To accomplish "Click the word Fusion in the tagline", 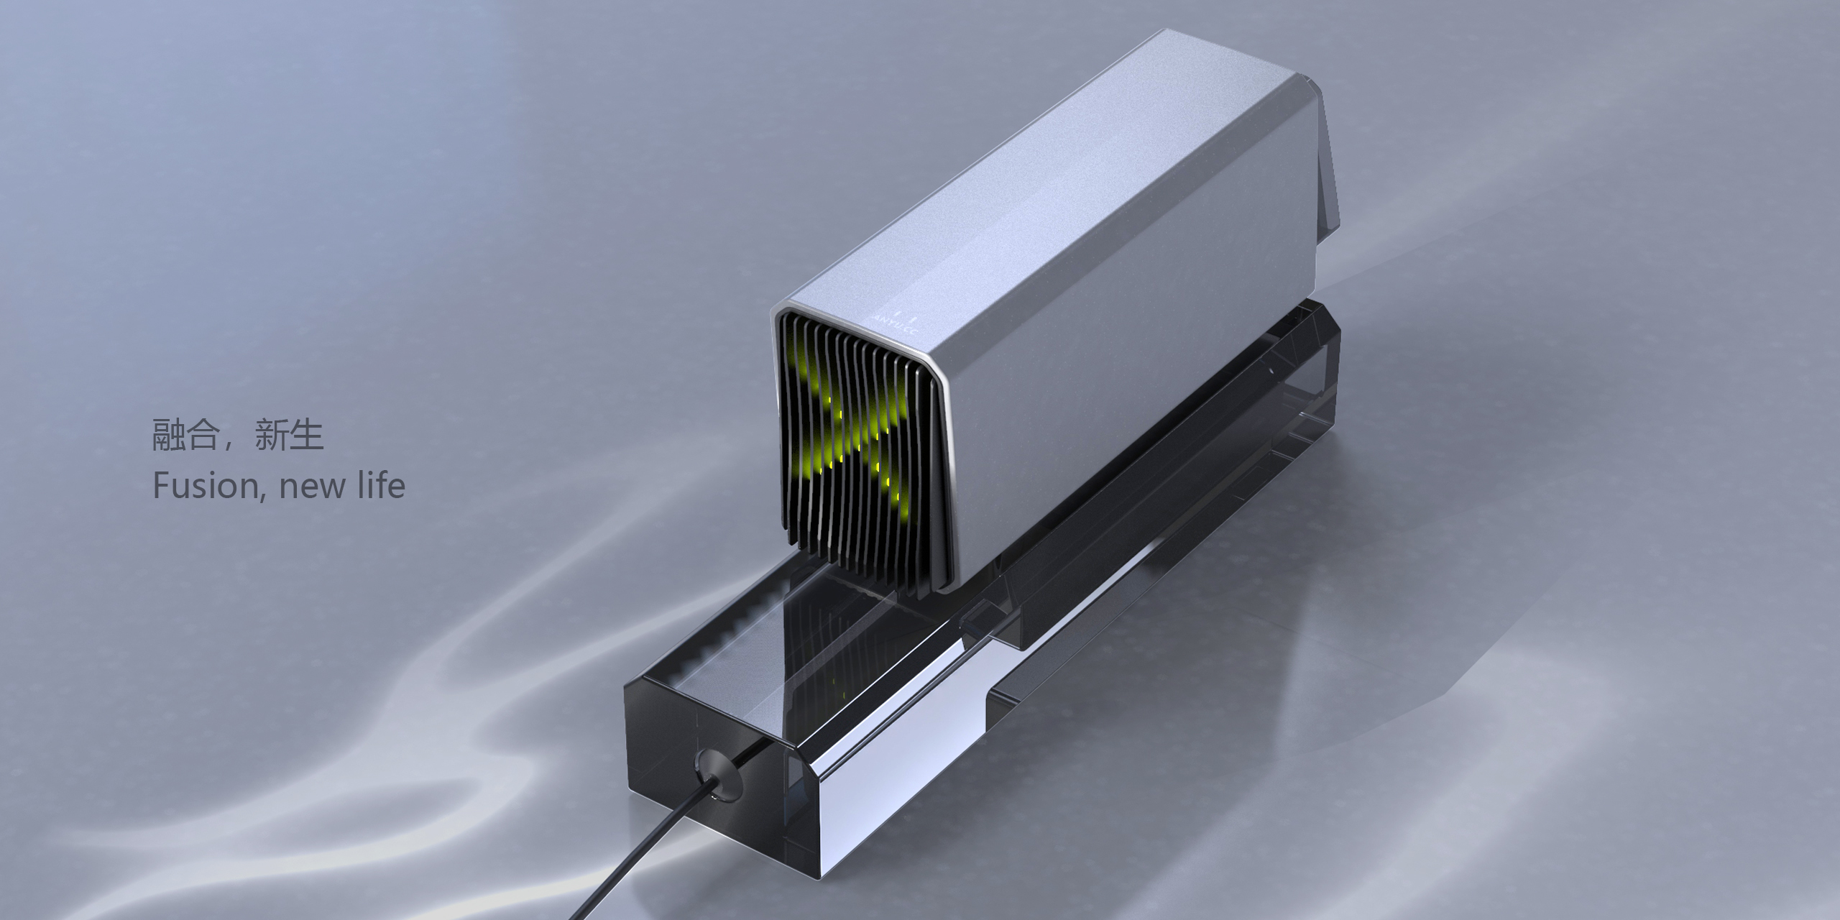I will pyautogui.click(x=204, y=487).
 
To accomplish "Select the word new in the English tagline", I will pyautogui.click(x=313, y=487).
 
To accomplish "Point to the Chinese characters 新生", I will pyautogui.click(x=289, y=436).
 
